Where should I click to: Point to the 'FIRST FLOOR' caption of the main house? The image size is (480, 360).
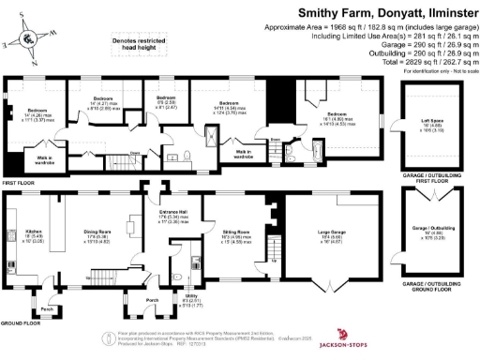[16, 182]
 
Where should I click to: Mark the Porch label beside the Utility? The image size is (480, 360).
[152, 300]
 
